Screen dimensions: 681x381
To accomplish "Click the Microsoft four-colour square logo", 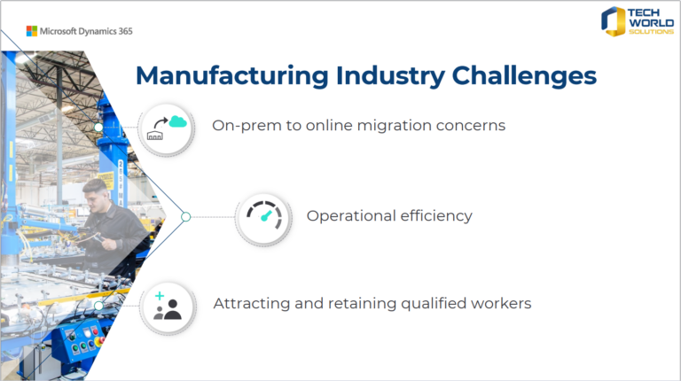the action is pos(32,31).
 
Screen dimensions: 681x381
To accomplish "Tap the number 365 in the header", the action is pos(126,31).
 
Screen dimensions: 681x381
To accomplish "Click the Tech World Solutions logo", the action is pos(638,21).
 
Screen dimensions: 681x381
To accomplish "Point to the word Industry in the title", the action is pos(390,77).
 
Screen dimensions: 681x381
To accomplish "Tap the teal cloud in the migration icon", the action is pos(177,121).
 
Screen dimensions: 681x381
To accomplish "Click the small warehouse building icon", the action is pos(155,135).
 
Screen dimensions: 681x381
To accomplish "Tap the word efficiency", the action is pos(436,216).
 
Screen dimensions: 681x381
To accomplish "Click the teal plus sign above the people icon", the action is pos(160,296).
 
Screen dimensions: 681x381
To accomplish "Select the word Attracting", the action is pos(252,303).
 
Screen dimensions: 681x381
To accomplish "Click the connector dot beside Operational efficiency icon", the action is pos(186,216).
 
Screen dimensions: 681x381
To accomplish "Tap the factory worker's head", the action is pos(96,194).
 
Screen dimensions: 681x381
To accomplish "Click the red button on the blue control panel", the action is pos(95,332).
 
